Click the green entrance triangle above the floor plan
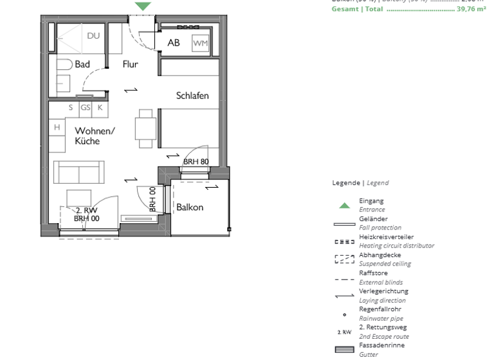pyautogui.click(x=143, y=6)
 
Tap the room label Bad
pyautogui.click(x=82, y=64)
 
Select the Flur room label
pyautogui.click(x=131, y=64)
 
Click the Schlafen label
pyautogui.click(x=192, y=96)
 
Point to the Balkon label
pyautogui.click(x=190, y=207)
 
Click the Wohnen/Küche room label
pyautogui.click(x=95, y=136)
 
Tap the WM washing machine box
pyautogui.click(x=201, y=43)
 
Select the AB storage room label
pyautogui.click(x=174, y=43)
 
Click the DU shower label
pyautogui.click(x=93, y=36)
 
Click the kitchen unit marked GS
pyautogui.click(x=85, y=108)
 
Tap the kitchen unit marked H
pyautogui.click(x=57, y=128)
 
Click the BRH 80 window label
pyautogui.click(x=196, y=161)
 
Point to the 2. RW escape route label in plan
pyautogui.click(x=86, y=210)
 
